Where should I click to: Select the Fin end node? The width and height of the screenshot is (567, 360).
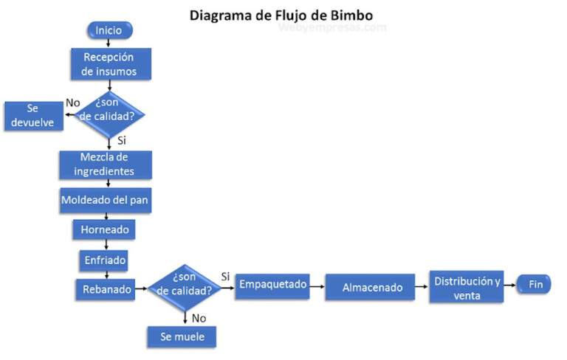pyautogui.click(x=535, y=285)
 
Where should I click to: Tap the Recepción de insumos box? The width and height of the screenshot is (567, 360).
pyautogui.click(x=111, y=64)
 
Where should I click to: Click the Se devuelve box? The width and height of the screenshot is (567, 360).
pyautogui.click(x=32, y=115)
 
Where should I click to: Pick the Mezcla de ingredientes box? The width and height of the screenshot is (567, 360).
pyautogui.click(x=106, y=165)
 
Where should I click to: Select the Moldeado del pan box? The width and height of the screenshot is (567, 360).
pyautogui.click(x=106, y=199)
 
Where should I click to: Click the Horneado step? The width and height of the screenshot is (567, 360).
pyautogui.click(x=105, y=230)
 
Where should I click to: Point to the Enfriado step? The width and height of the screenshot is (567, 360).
pyautogui.click(x=104, y=260)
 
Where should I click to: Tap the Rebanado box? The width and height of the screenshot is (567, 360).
pyautogui.click(x=104, y=289)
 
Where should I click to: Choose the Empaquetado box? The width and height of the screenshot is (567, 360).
pyautogui.click(x=272, y=285)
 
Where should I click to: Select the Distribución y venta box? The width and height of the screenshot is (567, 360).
pyautogui.click(x=467, y=288)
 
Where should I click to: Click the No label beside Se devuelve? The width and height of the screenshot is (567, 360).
pyautogui.click(x=72, y=103)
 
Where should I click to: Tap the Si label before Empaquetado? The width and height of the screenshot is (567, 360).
pyautogui.click(x=226, y=276)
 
